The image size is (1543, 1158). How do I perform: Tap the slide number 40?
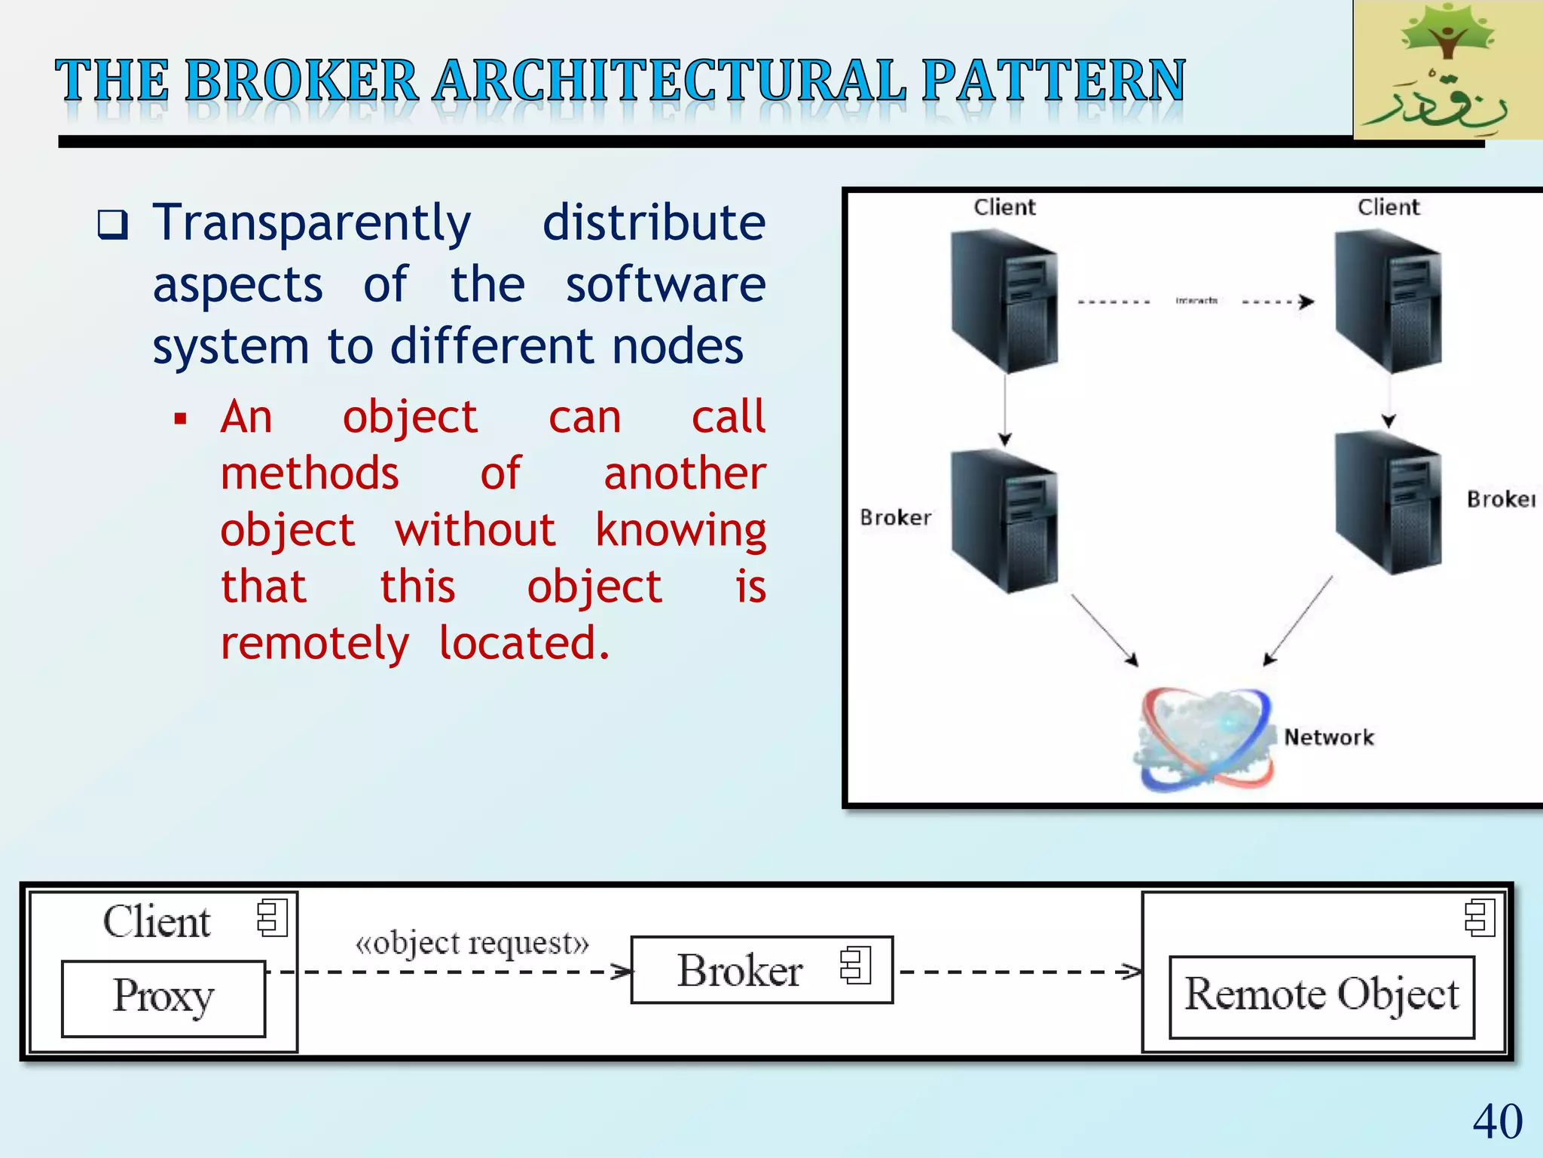[1497, 1121]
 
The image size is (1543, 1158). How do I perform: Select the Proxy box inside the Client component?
[163, 998]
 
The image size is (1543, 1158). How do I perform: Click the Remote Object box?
[1321, 997]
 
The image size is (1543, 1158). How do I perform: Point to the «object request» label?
[472, 943]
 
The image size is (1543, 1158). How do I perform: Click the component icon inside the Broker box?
[856, 965]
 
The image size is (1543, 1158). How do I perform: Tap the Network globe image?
[1204, 739]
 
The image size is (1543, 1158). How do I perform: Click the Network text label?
[1329, 737]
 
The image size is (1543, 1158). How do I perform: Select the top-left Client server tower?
[1004, 302]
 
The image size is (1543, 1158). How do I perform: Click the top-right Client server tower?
[1388, 302]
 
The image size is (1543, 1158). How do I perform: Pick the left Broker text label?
[895, 517]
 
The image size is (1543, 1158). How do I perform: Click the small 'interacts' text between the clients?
[1196, 301]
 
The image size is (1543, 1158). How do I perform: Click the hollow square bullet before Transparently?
[113, 225]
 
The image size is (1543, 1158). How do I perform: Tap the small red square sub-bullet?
[180, 418]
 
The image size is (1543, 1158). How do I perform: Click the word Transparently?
[312, 224]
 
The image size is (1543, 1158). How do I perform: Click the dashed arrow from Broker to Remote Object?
[1017, 972]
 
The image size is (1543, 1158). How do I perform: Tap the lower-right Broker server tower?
[1388, 504]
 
